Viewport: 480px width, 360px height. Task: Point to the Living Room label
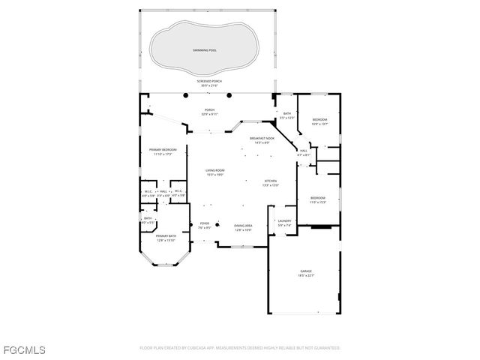click(x=215, y=170)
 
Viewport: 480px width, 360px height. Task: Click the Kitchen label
click(x=271, y=181)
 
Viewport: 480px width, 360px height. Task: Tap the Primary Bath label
click(x=166, y=236)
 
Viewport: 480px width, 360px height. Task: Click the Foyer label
click(x=204, y=223)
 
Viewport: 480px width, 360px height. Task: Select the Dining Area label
click(x=243, y=226)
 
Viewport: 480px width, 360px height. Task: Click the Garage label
click(x=306, y=272)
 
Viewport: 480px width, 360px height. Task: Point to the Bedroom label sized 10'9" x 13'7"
click(x=319, y=120)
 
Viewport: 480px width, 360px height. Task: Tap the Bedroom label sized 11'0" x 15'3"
click(x=318, y=198)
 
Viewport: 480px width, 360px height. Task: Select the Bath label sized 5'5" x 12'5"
click(x=287, y=114)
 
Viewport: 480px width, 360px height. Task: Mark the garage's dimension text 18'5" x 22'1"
click(x=306, y=277)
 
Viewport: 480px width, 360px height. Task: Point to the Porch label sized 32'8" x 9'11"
click(x=209, y=110)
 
